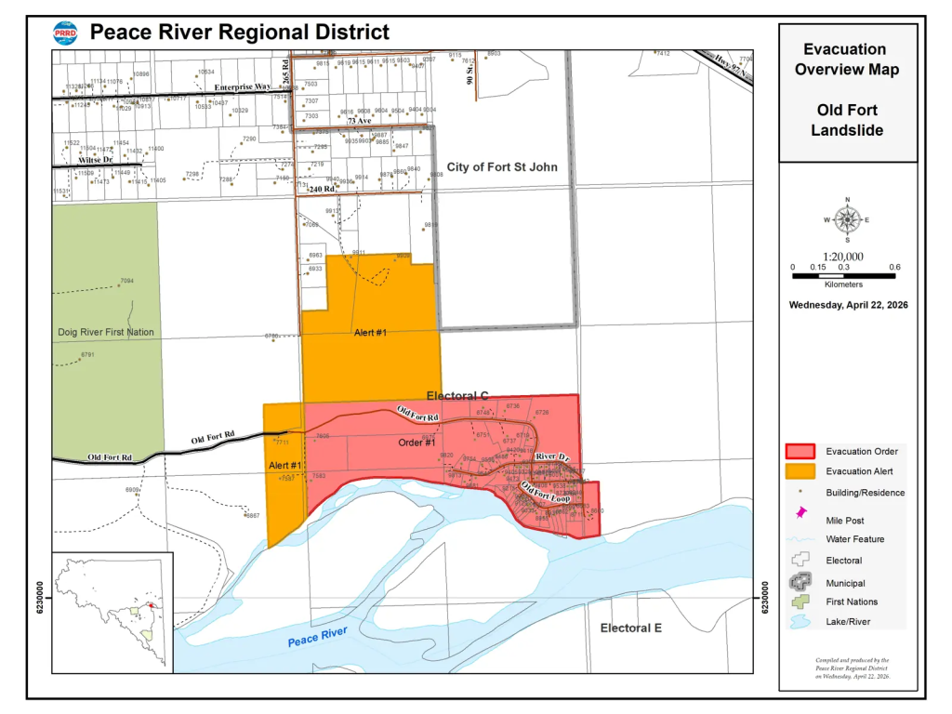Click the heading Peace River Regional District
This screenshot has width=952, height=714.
[239, 33]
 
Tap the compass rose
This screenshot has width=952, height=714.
[847, 220]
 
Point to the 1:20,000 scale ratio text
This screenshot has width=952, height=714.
[842, 257]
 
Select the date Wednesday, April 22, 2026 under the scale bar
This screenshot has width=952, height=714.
[848, 305]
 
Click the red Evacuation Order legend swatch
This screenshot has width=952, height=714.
[800, 452]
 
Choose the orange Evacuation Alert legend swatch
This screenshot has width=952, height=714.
[800, 471]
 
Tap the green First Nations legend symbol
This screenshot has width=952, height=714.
[800, 602]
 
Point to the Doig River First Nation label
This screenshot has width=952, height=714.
[104, 332]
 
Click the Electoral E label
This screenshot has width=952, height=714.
[630, 628]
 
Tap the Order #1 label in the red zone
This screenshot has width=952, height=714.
[417, 443]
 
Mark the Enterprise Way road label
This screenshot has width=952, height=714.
[243, 87]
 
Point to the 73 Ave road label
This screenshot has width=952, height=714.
[360, 122]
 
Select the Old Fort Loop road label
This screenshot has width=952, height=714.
[545, 493]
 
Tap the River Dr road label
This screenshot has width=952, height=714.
[551, 457]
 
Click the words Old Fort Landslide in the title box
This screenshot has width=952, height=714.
[847, 121]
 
